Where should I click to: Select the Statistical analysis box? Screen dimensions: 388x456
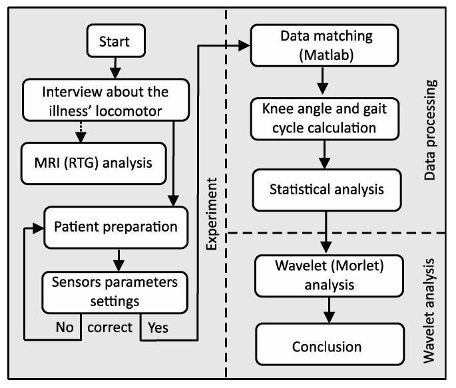(326, 189)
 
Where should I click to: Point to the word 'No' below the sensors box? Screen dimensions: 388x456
(63, 328)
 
